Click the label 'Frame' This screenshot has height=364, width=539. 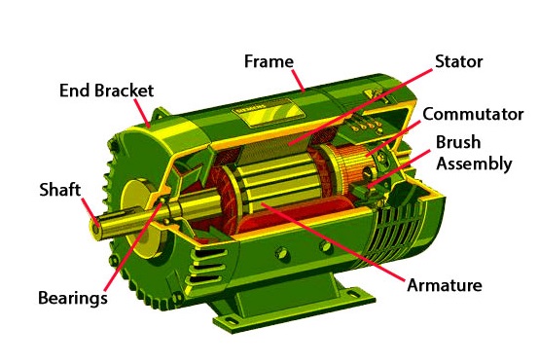click(269, 62)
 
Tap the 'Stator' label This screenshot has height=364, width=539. click(459, 62)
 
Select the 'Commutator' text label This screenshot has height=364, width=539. click(473, 114)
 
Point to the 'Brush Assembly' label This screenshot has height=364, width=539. click(474, 153)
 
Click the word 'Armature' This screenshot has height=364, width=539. click(444, 285)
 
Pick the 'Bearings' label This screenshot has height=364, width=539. click(73, 298)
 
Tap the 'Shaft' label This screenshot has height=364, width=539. click(59, 190)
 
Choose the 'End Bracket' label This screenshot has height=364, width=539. click(107, 91)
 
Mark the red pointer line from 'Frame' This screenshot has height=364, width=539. click(298, 81)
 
